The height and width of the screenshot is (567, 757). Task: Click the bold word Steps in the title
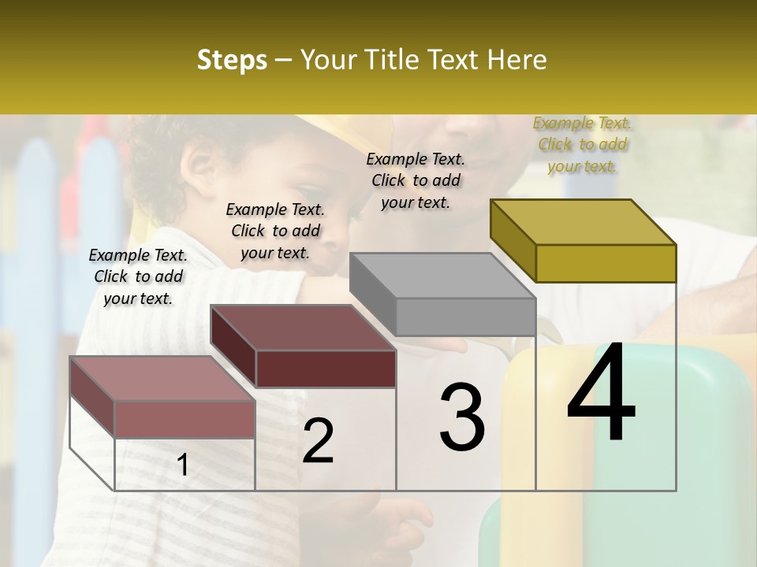pos(232,60)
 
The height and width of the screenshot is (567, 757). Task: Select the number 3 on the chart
pos(461,417)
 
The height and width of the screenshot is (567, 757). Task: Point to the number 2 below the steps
pos(318,440)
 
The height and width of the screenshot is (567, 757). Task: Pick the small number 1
pos(183,465)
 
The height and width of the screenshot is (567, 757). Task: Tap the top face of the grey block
pos(442,276)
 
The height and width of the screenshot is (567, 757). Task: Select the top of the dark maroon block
pos(303,328)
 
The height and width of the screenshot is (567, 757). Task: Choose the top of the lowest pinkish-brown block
pos(162,379)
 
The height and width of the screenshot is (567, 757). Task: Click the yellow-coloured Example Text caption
pos(583,144)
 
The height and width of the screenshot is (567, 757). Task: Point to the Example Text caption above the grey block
pos(416,180)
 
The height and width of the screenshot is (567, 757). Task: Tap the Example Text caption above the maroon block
pos(275,231)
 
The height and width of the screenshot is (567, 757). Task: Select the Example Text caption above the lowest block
pos(138,276)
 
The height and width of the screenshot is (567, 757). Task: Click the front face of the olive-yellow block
pos(606,263)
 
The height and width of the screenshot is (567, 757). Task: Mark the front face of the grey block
pos(465,317)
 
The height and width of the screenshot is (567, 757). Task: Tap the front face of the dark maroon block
pos(326,369)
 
